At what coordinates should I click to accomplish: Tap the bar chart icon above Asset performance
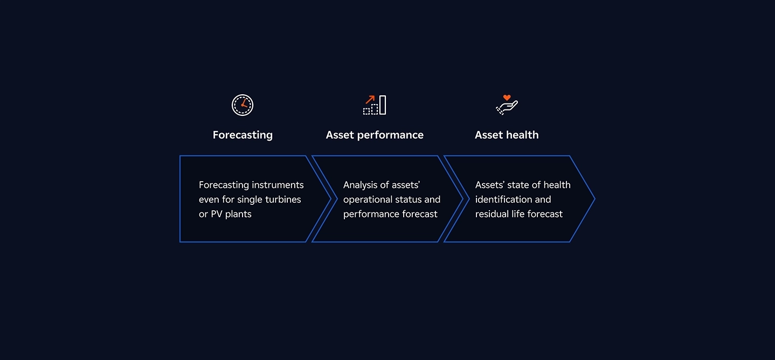click(x=375, y=105)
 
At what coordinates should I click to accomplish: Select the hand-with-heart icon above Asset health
click(x=507, y=105)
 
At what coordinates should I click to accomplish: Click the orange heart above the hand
click(x=507, y=98)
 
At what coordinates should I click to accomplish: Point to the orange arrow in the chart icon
click(x=370, y=100)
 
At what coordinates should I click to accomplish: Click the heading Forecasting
click(x=243, y=135)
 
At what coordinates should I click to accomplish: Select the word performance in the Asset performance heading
click(x=390, y=135)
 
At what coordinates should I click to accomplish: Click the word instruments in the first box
click(x=278, y=185)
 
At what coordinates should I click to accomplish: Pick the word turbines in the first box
click(x=283, y=199)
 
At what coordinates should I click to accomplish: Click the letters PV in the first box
click(x=217, y=214)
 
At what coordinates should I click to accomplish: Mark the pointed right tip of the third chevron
click(x=595, y=199)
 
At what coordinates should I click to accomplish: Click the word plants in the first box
click(x=238, y=214)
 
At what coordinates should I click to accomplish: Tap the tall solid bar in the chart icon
click(x=383, y=105)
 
